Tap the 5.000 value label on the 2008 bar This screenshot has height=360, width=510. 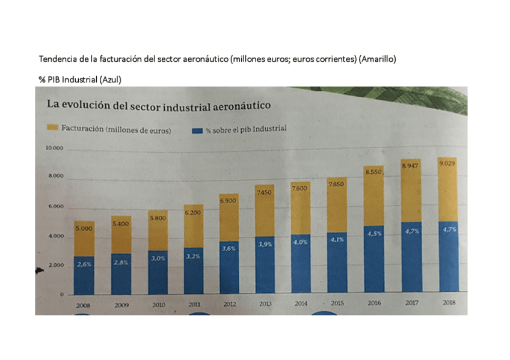84,229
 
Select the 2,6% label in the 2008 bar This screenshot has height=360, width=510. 84,264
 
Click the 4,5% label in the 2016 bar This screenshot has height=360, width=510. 374,234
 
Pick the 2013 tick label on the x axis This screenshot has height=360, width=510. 265,304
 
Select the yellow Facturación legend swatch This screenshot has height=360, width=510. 52,128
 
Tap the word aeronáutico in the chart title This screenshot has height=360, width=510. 241,106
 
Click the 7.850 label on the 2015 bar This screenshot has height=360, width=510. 336,185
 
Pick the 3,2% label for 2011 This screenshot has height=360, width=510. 193,256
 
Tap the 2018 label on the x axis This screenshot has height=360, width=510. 448,303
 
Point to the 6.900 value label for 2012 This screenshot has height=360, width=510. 229,201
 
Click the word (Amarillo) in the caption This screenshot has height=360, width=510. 377,59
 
